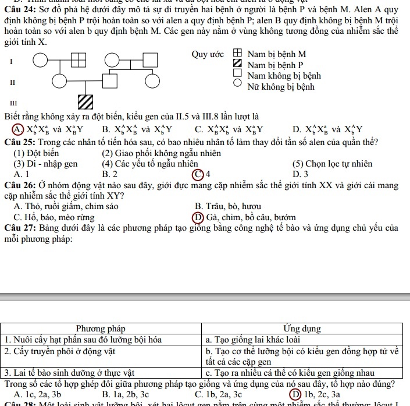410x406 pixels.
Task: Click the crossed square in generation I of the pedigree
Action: pyautogui.click(x=78, y=60)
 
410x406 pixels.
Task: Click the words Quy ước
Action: pyautogui.click(x=207, y=55)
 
